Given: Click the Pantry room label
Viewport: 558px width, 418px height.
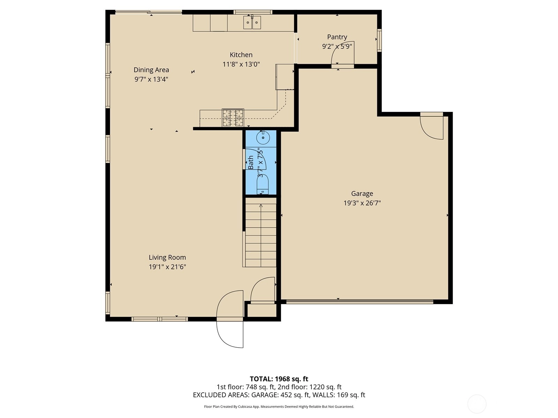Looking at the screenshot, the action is click(x=337, y=37).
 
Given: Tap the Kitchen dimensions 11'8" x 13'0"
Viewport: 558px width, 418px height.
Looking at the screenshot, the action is click(x=241, y=64).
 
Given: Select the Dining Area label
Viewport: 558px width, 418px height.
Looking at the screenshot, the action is click(x=151, y=70).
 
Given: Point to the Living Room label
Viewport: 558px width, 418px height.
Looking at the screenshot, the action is click(x=167, y=257).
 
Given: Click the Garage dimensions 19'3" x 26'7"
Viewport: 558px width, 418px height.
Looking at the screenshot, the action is click(x=362, y=203).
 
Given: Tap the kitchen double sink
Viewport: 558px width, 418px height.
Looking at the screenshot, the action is click(x=252, y=22).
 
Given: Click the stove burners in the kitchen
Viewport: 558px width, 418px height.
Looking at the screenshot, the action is click(x=233, y=117).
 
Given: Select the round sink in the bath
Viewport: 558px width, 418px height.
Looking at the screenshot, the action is click(x=263, y=138).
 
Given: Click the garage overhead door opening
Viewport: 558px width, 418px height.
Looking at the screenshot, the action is click(x=360, y=302).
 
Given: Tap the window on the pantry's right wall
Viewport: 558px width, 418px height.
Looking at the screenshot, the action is click(x=379, y=40).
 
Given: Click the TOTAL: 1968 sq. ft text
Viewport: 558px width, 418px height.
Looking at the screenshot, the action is click(x=279, y=379).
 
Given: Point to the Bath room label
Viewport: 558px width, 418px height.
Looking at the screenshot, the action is click(x=251, y=162).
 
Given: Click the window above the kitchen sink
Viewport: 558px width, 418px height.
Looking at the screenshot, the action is click(x=253, y=12).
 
